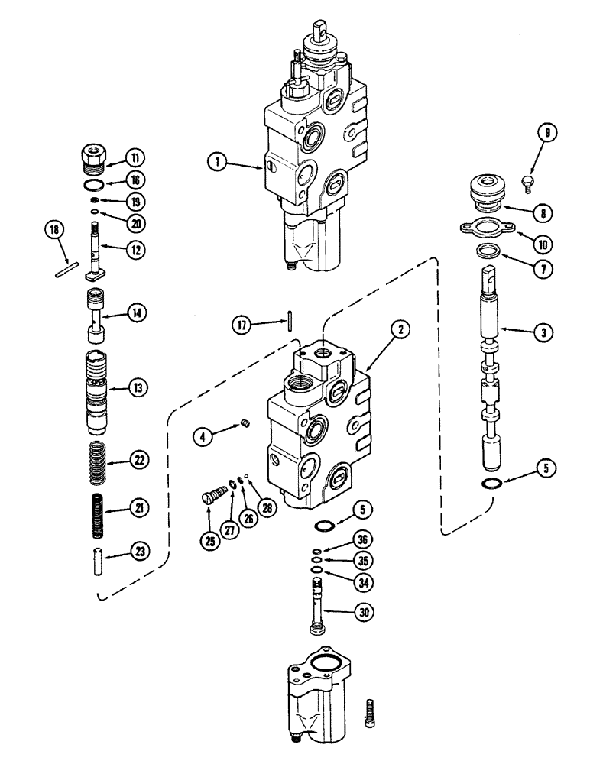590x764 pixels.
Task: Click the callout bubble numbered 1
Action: tap(219, 161)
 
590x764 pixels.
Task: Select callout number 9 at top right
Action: tap(546, 131)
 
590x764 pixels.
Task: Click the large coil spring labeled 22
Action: tap(97, 461)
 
